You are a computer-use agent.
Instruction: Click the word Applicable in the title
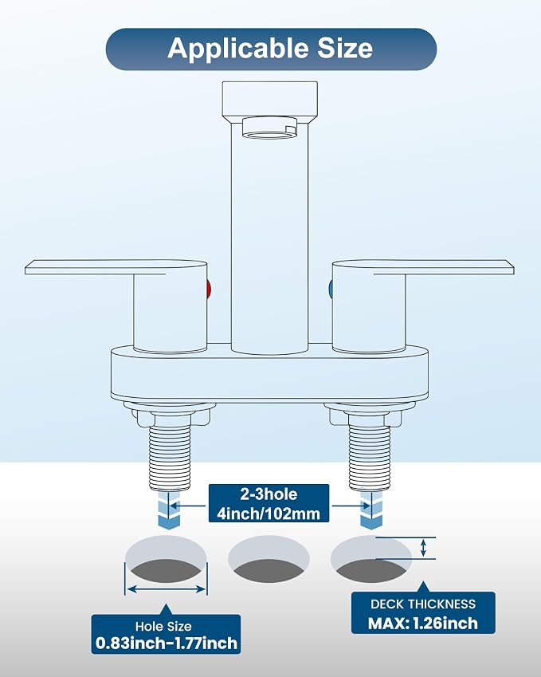[237, 49]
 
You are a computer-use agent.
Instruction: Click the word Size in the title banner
[345, 48]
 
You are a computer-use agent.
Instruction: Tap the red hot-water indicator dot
[209, 289]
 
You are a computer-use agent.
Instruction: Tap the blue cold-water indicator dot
[331, 289]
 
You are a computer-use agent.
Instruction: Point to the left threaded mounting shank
[170, 458]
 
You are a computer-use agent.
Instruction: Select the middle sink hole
[269, 559]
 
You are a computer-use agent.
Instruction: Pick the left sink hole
[166, 559]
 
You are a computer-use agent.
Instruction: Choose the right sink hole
[371, 559]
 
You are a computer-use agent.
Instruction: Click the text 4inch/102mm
[269, 514]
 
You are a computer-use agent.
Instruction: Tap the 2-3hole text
[269, 494]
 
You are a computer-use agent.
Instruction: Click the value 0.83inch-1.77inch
[166, 644]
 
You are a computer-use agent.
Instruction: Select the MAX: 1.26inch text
[423, 624]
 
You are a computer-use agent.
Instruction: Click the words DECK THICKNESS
[423, 604]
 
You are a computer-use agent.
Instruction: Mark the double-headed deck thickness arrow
[424, 548]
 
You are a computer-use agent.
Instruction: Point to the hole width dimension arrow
[166, 588]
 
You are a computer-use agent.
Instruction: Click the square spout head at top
[269, 100]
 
